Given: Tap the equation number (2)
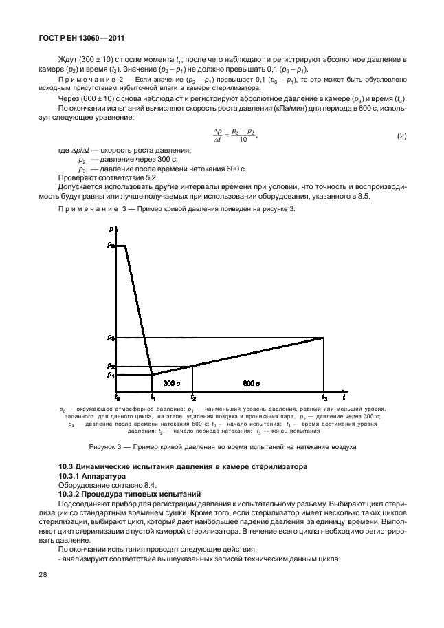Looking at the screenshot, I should coord(402,136).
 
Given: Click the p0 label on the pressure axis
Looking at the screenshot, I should coord(111,245).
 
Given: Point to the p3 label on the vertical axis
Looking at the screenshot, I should coord(111,338).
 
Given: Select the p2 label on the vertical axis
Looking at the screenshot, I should coord(111,366).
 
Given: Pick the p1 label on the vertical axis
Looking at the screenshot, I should coord(111,375).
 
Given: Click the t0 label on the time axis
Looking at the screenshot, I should coord(118,397).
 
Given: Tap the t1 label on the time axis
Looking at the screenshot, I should coord(152,397).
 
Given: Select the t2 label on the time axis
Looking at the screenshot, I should coord(193,397).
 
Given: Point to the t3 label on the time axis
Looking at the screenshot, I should coord(324,397).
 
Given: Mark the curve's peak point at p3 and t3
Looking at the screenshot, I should coord(324,338).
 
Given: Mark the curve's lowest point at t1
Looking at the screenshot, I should coord(152,375).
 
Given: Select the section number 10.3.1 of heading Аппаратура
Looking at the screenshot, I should coord(72,475).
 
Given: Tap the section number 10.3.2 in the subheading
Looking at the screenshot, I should coord(72,494).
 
